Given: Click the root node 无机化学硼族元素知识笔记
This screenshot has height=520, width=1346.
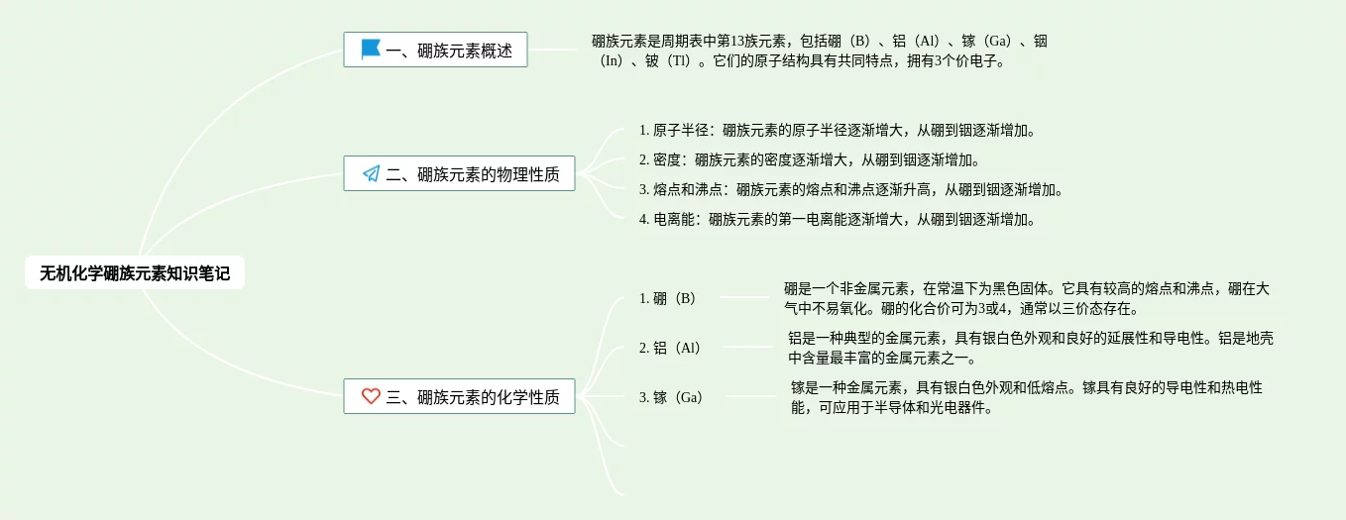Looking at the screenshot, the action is point(135,273).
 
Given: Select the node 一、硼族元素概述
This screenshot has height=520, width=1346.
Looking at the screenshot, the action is point(435,51).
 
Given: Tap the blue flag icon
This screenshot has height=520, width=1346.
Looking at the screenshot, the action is point(371,50).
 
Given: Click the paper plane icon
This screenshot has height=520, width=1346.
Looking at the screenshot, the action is point(371,174).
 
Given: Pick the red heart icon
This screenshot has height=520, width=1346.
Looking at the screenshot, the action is point(371,396).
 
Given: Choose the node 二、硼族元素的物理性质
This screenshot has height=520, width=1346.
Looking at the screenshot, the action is point(459,175).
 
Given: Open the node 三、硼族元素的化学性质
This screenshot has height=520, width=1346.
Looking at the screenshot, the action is point(459,397).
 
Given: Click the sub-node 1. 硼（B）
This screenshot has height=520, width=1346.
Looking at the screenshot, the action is point(669,298).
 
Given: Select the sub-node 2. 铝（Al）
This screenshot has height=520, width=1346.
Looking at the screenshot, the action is point(671,348).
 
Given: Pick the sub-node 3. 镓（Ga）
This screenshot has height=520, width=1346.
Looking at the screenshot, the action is point(671,397).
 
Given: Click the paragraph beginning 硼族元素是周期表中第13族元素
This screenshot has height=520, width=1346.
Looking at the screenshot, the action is point(819,51).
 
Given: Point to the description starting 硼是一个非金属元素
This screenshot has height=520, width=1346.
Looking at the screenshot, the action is point(1027,298).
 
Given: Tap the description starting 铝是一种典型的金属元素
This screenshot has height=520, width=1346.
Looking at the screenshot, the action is point(1031,348).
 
